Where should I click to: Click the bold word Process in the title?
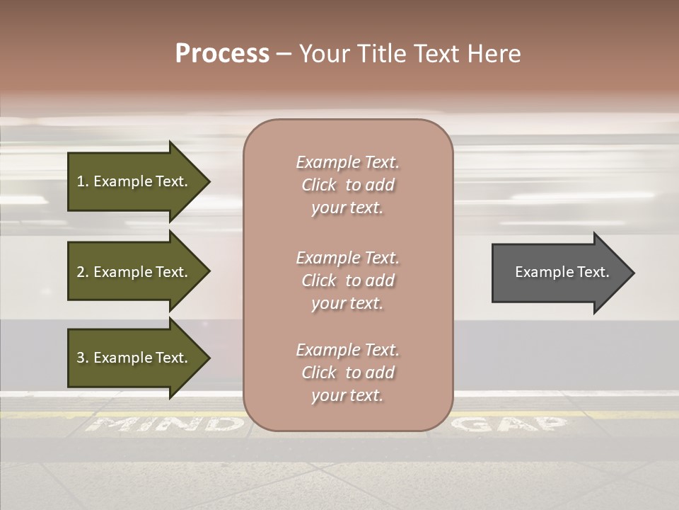click(222, 54)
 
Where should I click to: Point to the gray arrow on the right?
click(559, 273)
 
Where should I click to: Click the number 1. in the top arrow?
click(83, 181)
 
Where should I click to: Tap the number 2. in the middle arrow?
click(83, 272)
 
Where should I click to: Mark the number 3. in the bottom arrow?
click(83, 358)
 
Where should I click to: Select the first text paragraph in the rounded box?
click(347, 185)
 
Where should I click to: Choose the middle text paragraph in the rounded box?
click(347, 280)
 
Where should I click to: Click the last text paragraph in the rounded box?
click(347, 373)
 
